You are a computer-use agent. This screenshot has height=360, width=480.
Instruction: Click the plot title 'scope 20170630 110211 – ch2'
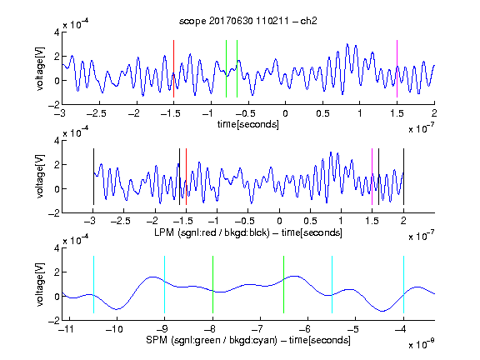[x=248, y=21]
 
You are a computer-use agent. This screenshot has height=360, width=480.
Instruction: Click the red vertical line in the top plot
[x=173, y=69]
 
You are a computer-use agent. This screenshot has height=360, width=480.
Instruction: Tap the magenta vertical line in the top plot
[x=397, y=69]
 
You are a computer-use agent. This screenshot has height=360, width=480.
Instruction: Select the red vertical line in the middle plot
[x=186, y=177]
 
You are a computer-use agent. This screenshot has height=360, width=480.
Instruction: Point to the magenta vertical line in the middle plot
[x=372, y=177]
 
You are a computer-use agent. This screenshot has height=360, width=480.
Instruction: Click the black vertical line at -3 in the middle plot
[x=93, y=177]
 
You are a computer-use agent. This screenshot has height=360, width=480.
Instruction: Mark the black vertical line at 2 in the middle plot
[x=403, y=177]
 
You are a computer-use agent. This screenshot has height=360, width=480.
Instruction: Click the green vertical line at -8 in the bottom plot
[x=212, y=285]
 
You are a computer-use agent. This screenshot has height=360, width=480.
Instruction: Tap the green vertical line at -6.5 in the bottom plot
[x=284, y=285]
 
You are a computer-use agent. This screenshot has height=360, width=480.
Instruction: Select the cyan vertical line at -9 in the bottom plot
[x=165, y=285]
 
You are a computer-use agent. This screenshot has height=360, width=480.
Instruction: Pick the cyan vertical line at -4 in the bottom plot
[x=403, y=285]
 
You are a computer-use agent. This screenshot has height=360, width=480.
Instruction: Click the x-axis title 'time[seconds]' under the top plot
[x=248, y=124]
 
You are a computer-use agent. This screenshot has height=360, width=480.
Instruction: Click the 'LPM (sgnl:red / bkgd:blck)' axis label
[x=212, y=232]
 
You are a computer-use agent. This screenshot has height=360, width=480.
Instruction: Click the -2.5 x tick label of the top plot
[x=96, y=113]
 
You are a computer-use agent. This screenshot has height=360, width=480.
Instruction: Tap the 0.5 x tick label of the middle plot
[x=310, y=221]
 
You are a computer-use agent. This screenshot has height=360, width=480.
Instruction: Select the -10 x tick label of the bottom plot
[x=114, y=329]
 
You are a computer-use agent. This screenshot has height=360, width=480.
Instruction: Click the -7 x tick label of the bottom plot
[x=257, y=329]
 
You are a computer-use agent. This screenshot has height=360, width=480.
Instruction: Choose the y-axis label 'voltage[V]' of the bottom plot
[x=40, y=285]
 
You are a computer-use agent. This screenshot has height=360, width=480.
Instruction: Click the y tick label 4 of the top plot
[x=57, y=32]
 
